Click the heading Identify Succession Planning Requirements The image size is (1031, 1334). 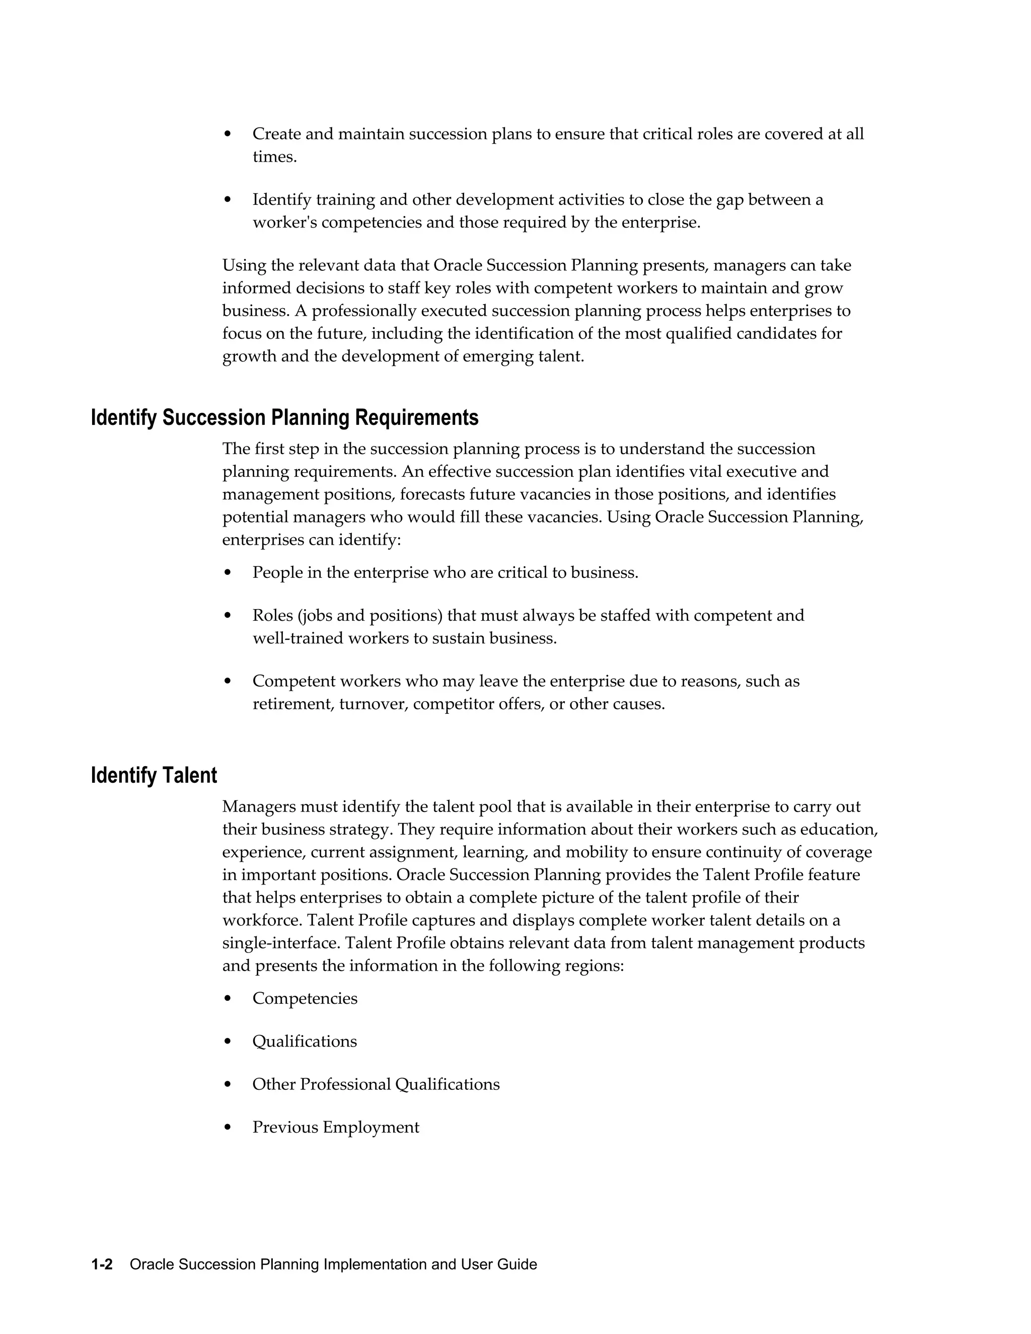(x=284, y=418)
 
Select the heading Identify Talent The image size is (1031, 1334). (x=154, y=776)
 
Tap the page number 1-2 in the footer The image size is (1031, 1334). (x=102, y=1265)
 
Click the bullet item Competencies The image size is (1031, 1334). (x=305, y=999)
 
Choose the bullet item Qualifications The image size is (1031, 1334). (x=304, y=1042)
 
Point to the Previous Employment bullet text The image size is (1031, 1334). (x=336, y=1128)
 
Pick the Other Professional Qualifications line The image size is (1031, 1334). (x=376, y=1084)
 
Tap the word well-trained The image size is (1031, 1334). (x=298, y=639)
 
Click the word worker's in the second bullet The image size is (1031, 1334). (x=284, y=223)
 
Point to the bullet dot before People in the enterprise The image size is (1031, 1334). (x=228, y=573)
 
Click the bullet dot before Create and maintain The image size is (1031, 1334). (x=228, y=134)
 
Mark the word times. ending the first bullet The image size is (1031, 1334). (x=274, y=157)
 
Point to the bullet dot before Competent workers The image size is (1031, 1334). (x=228, y=681)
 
